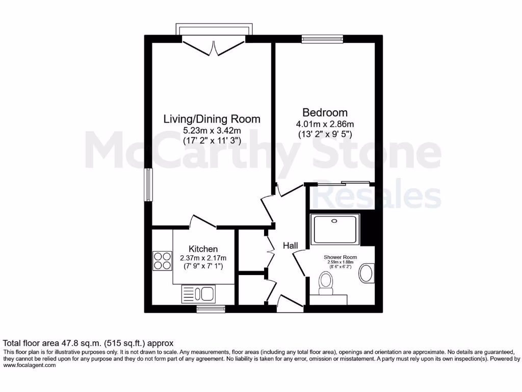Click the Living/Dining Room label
point(212,119)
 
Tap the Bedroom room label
point(325,112)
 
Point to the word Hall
point(291,246)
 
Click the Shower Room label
point(340,257)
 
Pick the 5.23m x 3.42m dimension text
point(212,130)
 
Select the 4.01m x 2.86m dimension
point(325,124)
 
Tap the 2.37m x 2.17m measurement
point(203,258)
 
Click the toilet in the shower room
point(325,282)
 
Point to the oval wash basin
point(367,274)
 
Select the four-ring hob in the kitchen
point(163,261)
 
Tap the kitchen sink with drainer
point(199,293)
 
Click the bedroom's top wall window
point(322,38)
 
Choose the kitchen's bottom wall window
point(211,308)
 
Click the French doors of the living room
point(214,47)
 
